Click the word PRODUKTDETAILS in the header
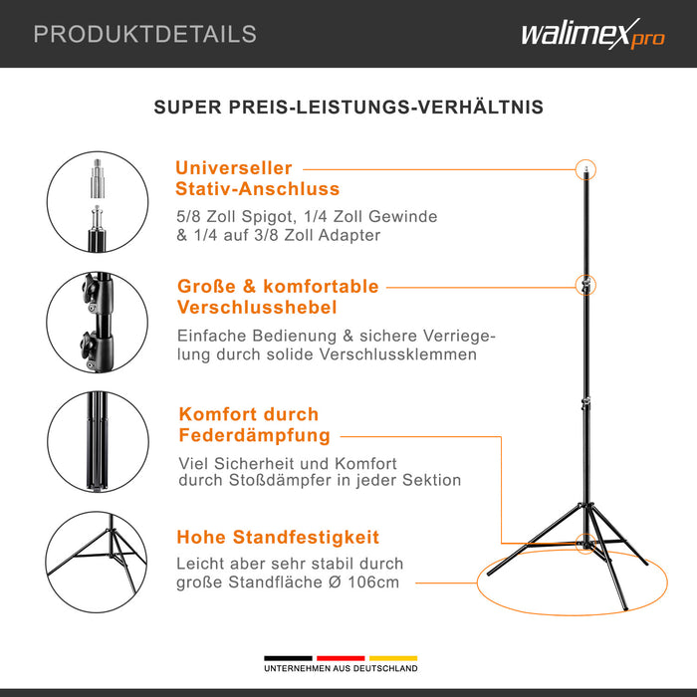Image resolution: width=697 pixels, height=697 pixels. (145, 34)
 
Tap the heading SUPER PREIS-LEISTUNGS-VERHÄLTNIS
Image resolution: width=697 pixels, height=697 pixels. (348, 107)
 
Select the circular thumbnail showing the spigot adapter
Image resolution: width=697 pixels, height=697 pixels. (97, 205)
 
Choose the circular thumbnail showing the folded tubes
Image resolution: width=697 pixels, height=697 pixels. (97, 441)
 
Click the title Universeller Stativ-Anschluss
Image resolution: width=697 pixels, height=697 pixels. (257, 178)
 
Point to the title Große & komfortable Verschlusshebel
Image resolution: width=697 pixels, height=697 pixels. (277, 297)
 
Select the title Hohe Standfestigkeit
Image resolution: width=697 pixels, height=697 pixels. (278, 538)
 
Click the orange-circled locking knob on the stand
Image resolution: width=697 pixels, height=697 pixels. (587, 286)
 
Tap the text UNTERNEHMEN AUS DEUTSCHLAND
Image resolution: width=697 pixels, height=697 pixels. (341, 669)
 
